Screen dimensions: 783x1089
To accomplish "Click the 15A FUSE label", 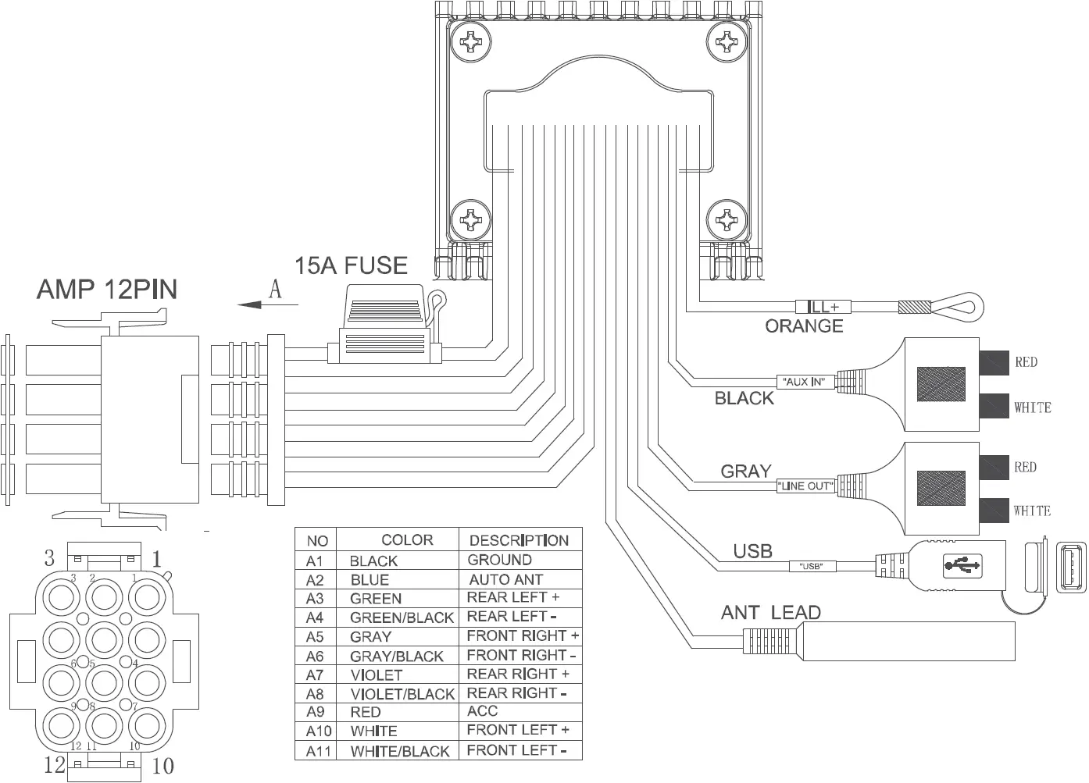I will [x=351, y=265].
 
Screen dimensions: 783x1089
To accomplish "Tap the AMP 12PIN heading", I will [x=107, y=290].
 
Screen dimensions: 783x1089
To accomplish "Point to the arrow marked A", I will [x=258, y=303].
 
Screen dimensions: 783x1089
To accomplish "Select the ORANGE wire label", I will [x=804, y=326].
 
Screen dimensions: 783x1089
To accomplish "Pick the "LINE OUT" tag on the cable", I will [x=806, y=486].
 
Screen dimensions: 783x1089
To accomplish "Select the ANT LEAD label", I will [x=770, y=613].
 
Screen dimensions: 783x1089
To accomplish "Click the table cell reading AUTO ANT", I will [x=505, y=580].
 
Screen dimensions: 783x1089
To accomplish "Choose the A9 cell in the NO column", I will [x=315, y=712].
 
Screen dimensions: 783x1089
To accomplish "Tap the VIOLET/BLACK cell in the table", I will [x=402, y=694].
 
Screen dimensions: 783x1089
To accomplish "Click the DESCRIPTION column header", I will [x=519, y=540].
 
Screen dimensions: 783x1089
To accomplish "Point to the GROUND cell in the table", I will [x=499, y=560].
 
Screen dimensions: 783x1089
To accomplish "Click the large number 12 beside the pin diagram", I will [x=55, y=764].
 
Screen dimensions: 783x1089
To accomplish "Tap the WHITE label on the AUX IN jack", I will [x=1032, y=408].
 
